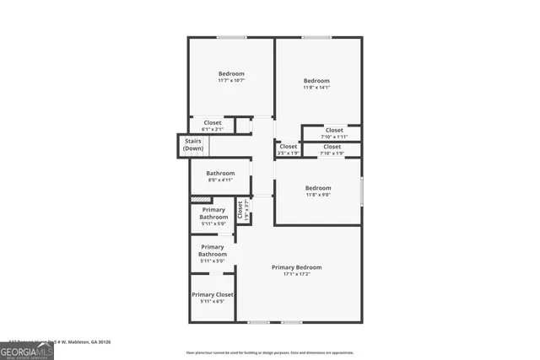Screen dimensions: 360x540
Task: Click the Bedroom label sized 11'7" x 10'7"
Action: pos(231,77)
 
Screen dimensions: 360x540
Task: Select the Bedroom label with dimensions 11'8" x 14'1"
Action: pos(316,83)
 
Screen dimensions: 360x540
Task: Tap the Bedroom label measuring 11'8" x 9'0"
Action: pos(318,191)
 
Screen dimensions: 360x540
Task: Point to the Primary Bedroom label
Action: pos(296,270)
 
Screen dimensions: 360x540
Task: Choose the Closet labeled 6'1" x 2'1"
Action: pos(213,126)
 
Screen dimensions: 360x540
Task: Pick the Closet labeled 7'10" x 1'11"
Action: pos(334,133)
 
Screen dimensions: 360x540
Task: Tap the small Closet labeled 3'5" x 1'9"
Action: pos(288,150)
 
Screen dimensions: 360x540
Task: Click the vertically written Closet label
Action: pos(240,209)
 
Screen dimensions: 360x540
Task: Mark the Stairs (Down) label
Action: pos(193,144)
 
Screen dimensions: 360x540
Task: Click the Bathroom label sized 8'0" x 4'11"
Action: pos(219,176)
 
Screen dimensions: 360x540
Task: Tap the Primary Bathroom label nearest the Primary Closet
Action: pos(213,254)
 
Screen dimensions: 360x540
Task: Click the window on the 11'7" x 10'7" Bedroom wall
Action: pos(231,37)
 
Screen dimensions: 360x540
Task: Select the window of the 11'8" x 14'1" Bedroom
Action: pos(316,37)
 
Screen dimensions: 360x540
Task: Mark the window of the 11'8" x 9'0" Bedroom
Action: pos(361,191)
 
